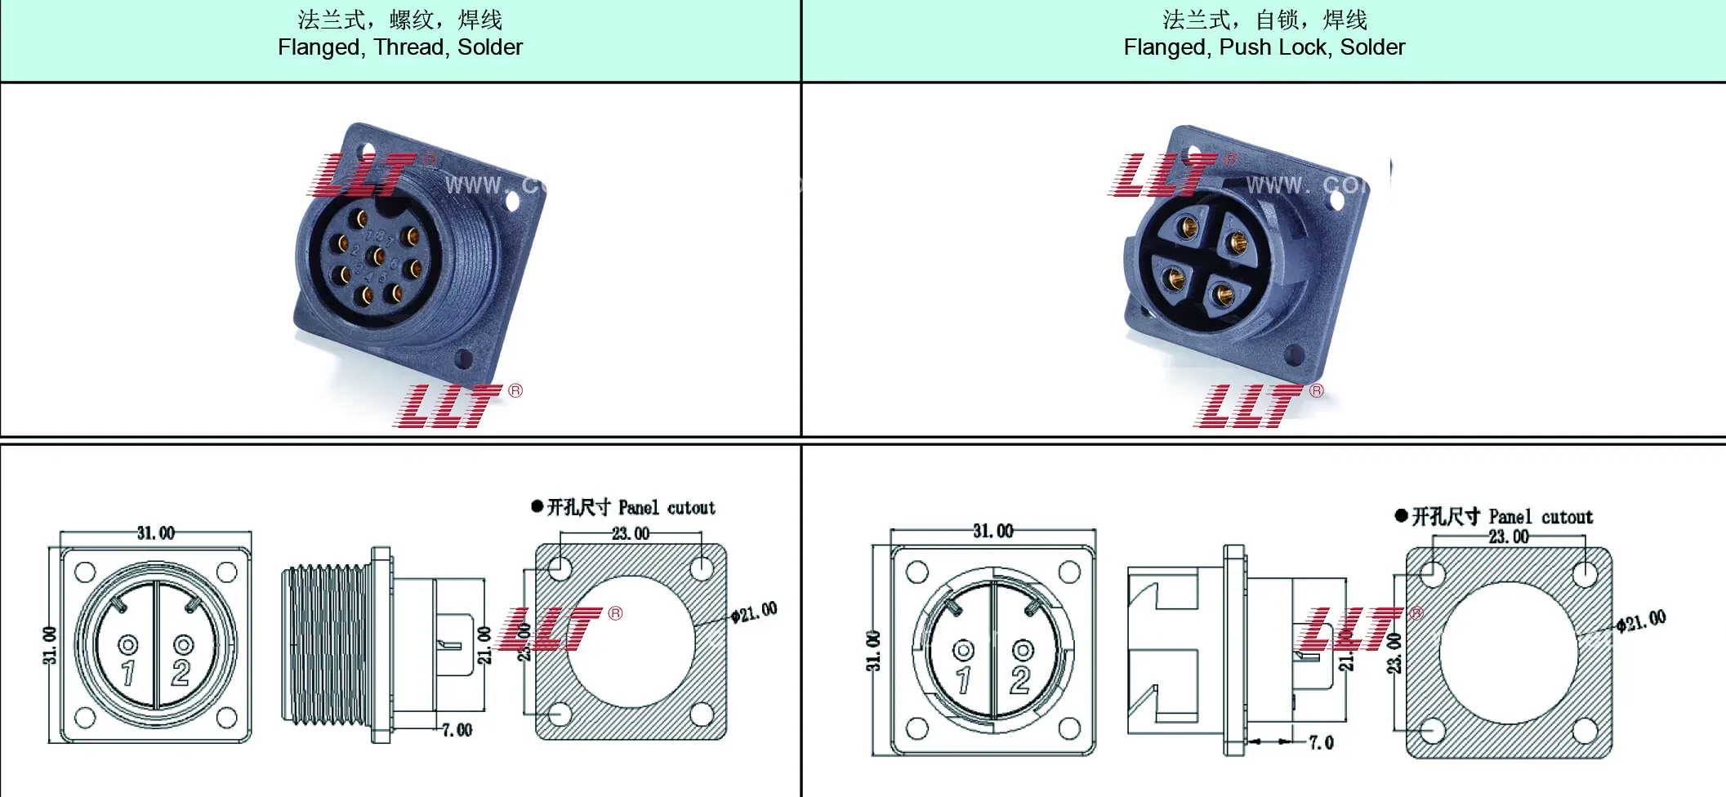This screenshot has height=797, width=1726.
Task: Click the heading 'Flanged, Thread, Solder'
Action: (x=399, y=47)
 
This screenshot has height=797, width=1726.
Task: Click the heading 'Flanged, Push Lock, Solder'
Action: (x=1264, y=47)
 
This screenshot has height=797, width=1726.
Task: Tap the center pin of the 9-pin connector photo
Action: (x=378, y=256)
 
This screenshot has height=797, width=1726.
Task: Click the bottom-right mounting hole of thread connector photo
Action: (x=464, y=358)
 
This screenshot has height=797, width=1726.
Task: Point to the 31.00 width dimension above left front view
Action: (x=155, y=533)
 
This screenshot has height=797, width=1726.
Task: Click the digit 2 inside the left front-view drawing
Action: (x=181, y=673)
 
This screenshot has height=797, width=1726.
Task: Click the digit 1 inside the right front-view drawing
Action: (x=963, y=679)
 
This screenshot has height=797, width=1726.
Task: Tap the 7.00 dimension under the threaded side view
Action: (x=457, y=730)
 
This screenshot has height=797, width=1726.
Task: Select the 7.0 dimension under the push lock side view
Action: (x=1321, y=742)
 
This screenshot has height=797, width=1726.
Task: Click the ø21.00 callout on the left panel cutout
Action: (x=754, y=612)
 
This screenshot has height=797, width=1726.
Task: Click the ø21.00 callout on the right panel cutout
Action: (x=1641, y=621)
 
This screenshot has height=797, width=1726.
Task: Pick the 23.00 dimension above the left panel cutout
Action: (x=631, y=533)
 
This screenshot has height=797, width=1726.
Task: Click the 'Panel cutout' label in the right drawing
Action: (x=1540, y=517)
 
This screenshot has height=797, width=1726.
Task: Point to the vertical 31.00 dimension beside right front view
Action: (x=873, y=651)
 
